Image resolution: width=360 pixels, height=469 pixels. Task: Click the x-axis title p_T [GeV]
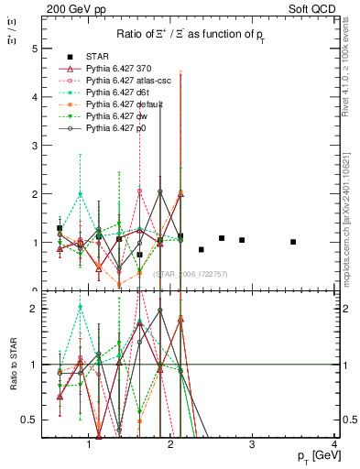click(x=314, y=455)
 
